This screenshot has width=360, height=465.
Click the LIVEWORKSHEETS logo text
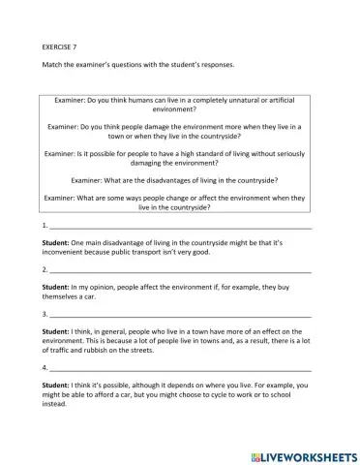tap(306, 453)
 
